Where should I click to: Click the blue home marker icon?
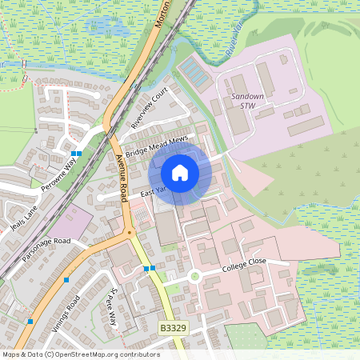180,172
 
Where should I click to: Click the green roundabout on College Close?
194,277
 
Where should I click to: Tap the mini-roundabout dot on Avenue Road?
129,233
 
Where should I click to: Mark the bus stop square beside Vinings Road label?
67,280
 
